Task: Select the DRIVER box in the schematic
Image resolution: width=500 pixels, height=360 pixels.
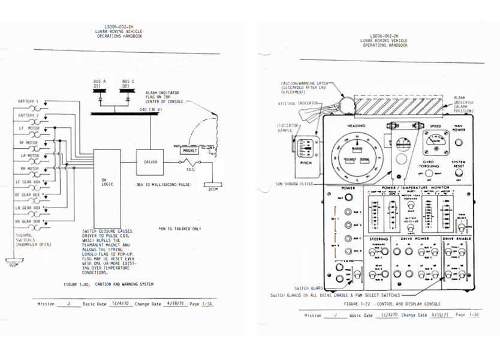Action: coord(150,162)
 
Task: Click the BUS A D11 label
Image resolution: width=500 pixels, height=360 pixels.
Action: coord(101,83)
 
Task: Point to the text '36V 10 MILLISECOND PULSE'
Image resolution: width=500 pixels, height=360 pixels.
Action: coord(163,184)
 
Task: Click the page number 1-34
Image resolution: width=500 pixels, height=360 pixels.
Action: coord(207,304)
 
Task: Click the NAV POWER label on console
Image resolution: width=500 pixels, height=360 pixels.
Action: coord(458,128)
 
